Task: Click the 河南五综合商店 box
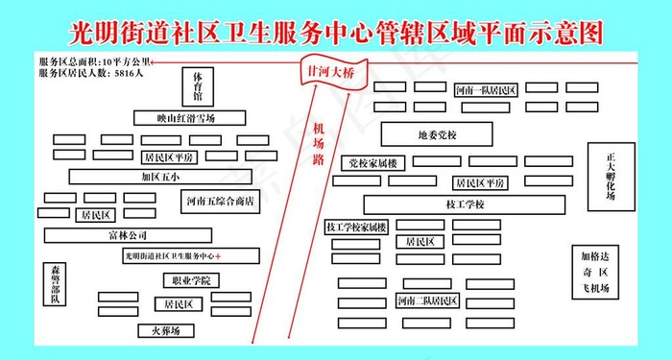coord(220,201)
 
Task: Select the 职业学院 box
coord(190,280)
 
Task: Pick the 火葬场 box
coord(164,330)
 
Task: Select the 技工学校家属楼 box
coord(356,228)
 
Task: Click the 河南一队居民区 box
coord(486,89)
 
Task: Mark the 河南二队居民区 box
coord(427,301)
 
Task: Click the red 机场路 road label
coord(318,145)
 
